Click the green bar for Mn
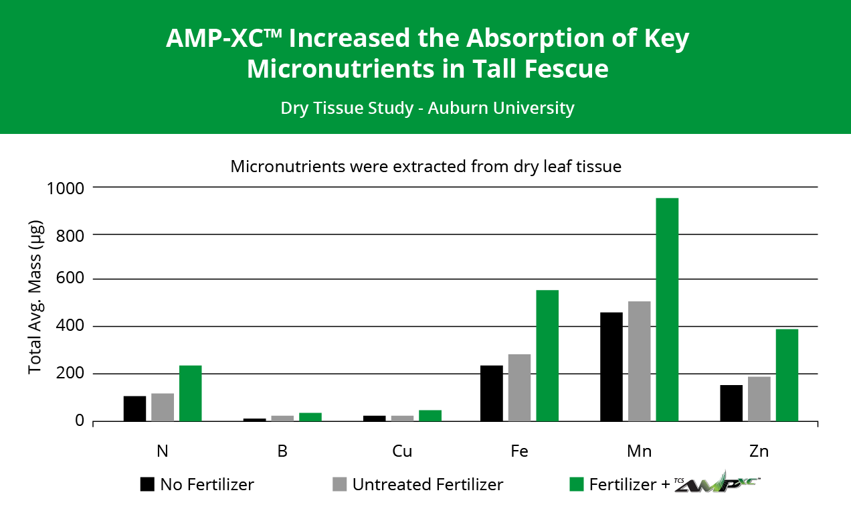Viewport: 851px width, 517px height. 667,309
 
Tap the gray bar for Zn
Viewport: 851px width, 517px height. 759,398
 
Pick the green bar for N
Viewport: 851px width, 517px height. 191,393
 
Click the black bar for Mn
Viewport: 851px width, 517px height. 611,366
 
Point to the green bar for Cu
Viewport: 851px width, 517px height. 430,415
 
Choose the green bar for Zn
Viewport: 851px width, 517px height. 787,374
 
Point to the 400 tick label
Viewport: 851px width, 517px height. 70,327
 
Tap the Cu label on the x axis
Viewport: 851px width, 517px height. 402,451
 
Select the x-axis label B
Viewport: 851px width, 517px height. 282,451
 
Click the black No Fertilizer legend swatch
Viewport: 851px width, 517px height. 147,484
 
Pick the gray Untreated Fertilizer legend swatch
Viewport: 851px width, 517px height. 339,484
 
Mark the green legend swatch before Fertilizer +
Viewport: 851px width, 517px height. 576,484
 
